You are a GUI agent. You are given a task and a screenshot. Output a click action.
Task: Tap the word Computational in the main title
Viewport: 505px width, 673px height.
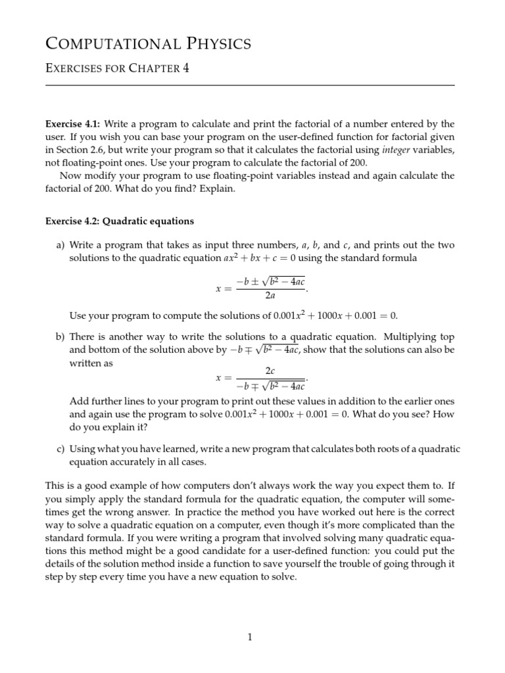pos(108,44)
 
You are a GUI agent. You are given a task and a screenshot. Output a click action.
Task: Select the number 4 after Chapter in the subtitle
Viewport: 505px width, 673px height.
pos(185,68)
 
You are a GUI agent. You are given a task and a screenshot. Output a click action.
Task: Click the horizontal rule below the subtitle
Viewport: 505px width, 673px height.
pos(250,85)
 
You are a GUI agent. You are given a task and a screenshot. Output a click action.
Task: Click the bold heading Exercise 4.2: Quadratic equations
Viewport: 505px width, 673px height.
pos(119,221)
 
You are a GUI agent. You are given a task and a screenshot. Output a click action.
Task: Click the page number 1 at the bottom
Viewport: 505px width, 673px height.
pos(250,637)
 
